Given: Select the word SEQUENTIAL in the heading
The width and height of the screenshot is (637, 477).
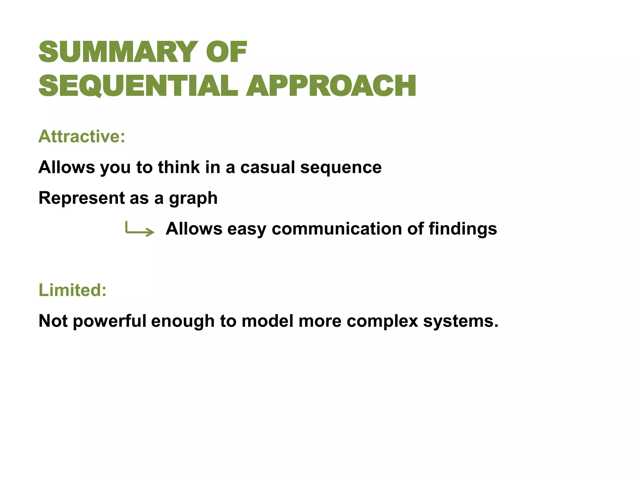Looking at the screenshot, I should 138,86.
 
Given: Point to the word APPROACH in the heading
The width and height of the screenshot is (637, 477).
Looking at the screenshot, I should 331,86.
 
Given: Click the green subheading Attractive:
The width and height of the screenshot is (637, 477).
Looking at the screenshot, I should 82,136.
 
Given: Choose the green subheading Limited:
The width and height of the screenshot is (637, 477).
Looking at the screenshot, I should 72,290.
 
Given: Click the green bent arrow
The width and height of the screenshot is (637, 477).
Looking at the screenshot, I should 140,229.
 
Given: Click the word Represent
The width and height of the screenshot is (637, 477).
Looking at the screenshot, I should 81,198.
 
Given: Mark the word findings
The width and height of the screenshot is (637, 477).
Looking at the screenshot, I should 463,229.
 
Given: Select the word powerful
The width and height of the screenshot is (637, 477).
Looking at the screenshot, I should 109,321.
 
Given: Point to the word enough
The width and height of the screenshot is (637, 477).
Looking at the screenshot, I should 183,321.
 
